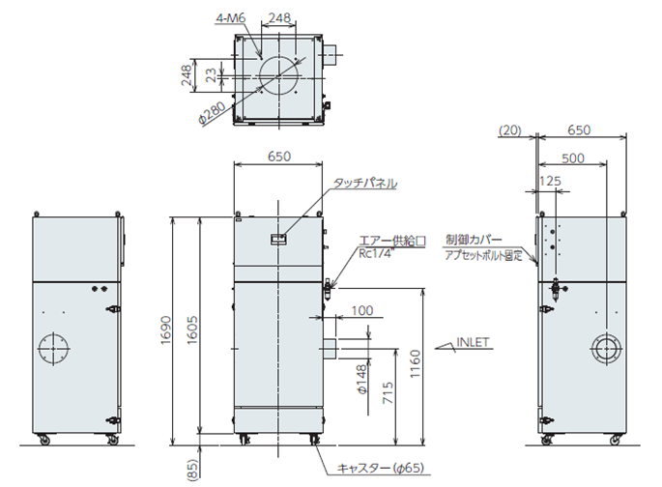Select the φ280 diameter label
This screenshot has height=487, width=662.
click(215, 112)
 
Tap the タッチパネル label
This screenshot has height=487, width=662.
click(365, 183)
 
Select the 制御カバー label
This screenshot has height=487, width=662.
click(471, 238)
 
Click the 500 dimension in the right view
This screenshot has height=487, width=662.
click(571, 158)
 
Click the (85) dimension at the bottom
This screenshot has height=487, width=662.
click(192, 471)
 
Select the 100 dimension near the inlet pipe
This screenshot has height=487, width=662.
click(362, 310)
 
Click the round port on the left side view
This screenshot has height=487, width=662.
click(54, 349)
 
